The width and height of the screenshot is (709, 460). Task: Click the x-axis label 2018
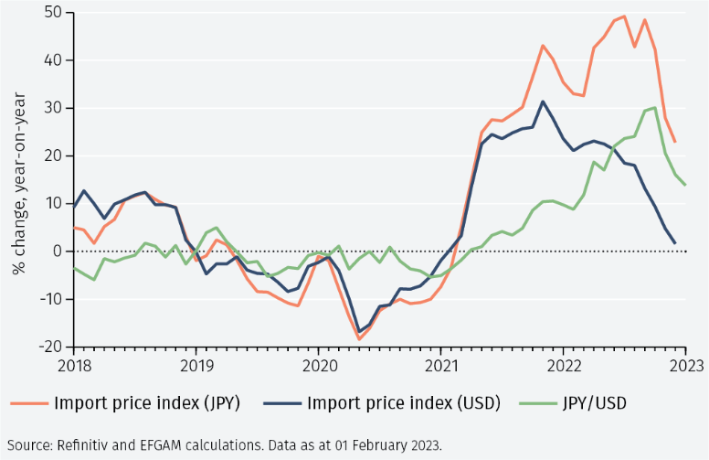[x=73, y=364]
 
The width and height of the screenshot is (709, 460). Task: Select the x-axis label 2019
[x=196, y=364]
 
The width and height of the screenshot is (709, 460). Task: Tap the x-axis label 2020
[x=318, y=364]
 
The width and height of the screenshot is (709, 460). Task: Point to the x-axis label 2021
[x=440, y=364]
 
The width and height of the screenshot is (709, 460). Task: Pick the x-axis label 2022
[x=563, y=364]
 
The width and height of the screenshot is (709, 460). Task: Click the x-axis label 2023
[x=685, y=364]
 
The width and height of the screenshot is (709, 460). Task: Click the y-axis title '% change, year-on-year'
[x=18, y=179]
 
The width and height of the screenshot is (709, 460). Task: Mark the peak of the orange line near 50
[x=624, y=16]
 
